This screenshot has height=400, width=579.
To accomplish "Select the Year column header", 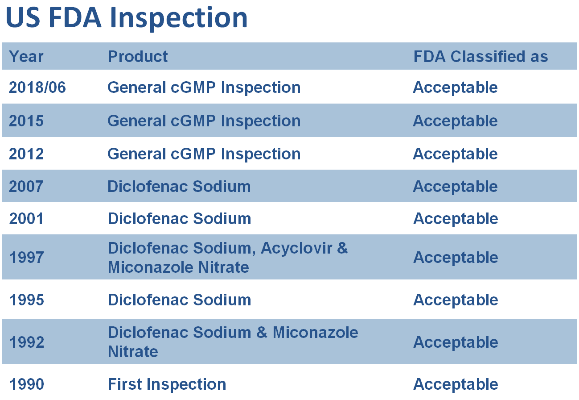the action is (26, 56).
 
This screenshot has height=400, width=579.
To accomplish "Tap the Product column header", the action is (138, 56).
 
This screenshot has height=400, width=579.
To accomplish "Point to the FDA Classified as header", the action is (480, 56).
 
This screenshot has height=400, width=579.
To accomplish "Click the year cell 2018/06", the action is (37, 87).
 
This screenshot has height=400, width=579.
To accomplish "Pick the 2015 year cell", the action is (26, 121).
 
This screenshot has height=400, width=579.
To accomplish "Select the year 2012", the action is (26, 154).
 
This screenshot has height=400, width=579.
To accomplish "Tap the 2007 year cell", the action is (26, 187).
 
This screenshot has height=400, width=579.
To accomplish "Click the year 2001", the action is (26, 218).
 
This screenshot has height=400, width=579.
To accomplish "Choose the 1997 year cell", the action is (27, 257).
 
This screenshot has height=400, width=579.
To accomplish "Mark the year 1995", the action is (27, 300).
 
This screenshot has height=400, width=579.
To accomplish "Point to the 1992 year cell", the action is (27, 342).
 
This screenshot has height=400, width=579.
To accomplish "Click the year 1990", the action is (27, 384).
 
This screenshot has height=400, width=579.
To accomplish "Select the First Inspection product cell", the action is (167, 384).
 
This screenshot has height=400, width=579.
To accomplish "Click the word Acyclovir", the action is (296, 249).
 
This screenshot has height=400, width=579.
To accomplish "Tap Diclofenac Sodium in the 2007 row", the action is (179, 187).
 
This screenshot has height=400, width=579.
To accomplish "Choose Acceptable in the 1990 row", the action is (456, 384).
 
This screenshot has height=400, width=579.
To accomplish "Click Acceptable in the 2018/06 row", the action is (455, 87).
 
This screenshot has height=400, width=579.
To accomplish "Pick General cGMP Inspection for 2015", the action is (204, 121).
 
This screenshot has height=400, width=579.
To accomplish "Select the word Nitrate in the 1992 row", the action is (133, 352).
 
